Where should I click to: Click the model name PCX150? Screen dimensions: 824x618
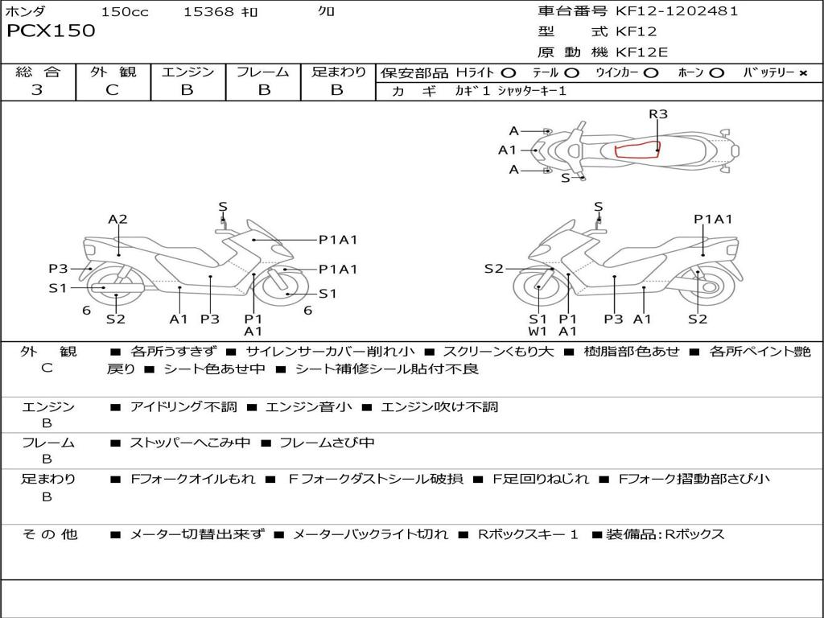point(51,31)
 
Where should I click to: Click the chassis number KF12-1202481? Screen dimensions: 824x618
point(676,11)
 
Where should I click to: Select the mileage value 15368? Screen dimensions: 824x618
point(208,12)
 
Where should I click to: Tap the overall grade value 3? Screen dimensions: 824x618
point(37,90)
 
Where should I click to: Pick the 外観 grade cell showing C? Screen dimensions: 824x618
point(112,90)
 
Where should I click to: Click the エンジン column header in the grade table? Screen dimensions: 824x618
point(187,72)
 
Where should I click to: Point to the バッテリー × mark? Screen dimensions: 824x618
point(802,72)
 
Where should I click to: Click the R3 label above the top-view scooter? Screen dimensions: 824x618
point(658,114)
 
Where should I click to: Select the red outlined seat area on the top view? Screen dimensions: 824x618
point(637,150)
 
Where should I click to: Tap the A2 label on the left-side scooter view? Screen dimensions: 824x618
point(117,219)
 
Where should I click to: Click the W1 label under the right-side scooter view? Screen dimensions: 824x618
point(538,331)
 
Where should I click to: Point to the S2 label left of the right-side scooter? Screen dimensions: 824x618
point(493,269)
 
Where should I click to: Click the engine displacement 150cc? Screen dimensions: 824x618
point(124,12)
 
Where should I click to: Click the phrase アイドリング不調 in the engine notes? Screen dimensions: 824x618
point(183,407)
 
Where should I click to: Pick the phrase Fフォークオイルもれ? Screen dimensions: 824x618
point(193,479)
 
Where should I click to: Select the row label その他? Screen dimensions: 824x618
point(49,534)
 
